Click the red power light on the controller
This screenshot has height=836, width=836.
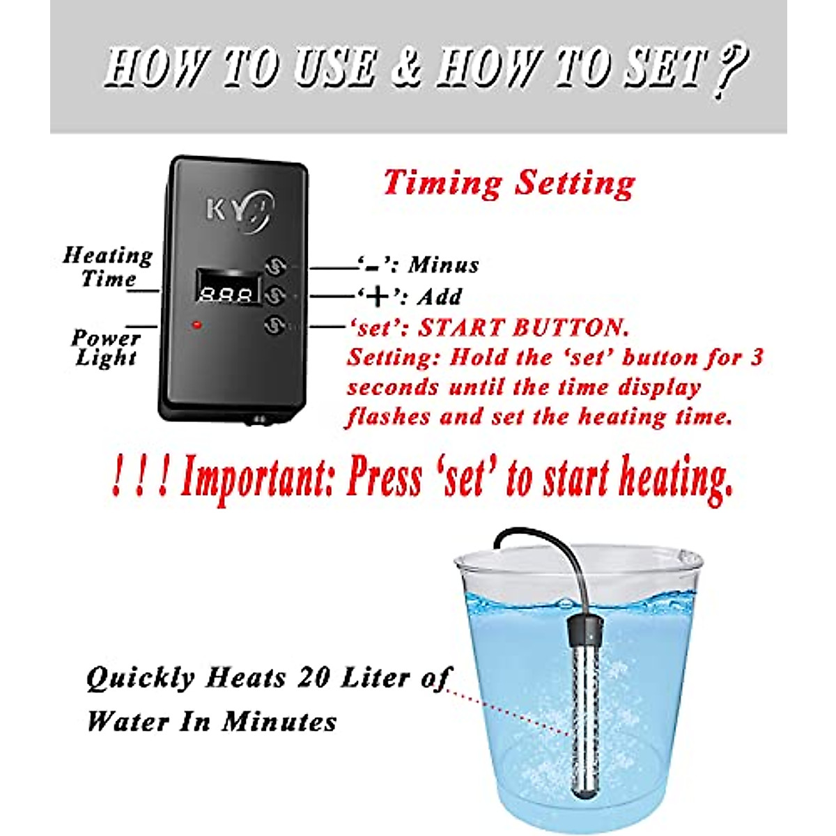198,324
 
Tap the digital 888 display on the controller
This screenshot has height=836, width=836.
226,294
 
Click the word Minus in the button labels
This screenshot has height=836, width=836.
444,265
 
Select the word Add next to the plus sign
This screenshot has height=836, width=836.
440,297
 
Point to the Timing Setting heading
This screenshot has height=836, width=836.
509,183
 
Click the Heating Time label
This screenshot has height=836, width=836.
108,267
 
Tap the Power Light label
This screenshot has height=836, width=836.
106,348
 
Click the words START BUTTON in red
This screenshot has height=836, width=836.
522,327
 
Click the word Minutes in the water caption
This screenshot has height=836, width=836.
279,722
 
